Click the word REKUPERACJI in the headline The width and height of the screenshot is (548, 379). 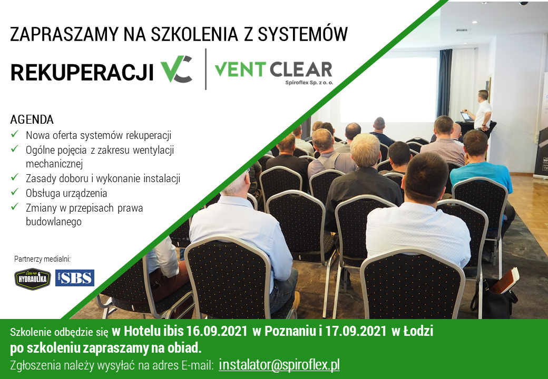click(82, 72)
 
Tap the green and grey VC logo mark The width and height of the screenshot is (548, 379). click(176, 69)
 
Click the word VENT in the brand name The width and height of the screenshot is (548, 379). click(240, 69)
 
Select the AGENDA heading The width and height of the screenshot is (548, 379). click(32, 119)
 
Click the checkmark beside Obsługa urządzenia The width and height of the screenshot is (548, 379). click(15, 192)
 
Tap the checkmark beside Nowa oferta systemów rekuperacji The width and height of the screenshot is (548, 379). click(15, 134)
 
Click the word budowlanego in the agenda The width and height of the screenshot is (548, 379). click(54, 222)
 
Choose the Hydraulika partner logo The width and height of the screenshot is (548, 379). click(33, 278)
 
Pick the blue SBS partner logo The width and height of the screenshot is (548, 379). click(75, 278)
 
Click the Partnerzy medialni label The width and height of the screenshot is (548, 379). click(42, 259)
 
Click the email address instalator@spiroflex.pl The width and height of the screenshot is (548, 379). click(279, 365)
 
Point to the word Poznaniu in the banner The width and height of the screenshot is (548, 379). click(290, 331)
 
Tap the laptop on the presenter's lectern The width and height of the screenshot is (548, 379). click(466, 116)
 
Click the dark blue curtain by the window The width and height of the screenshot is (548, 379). click(444, 83)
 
